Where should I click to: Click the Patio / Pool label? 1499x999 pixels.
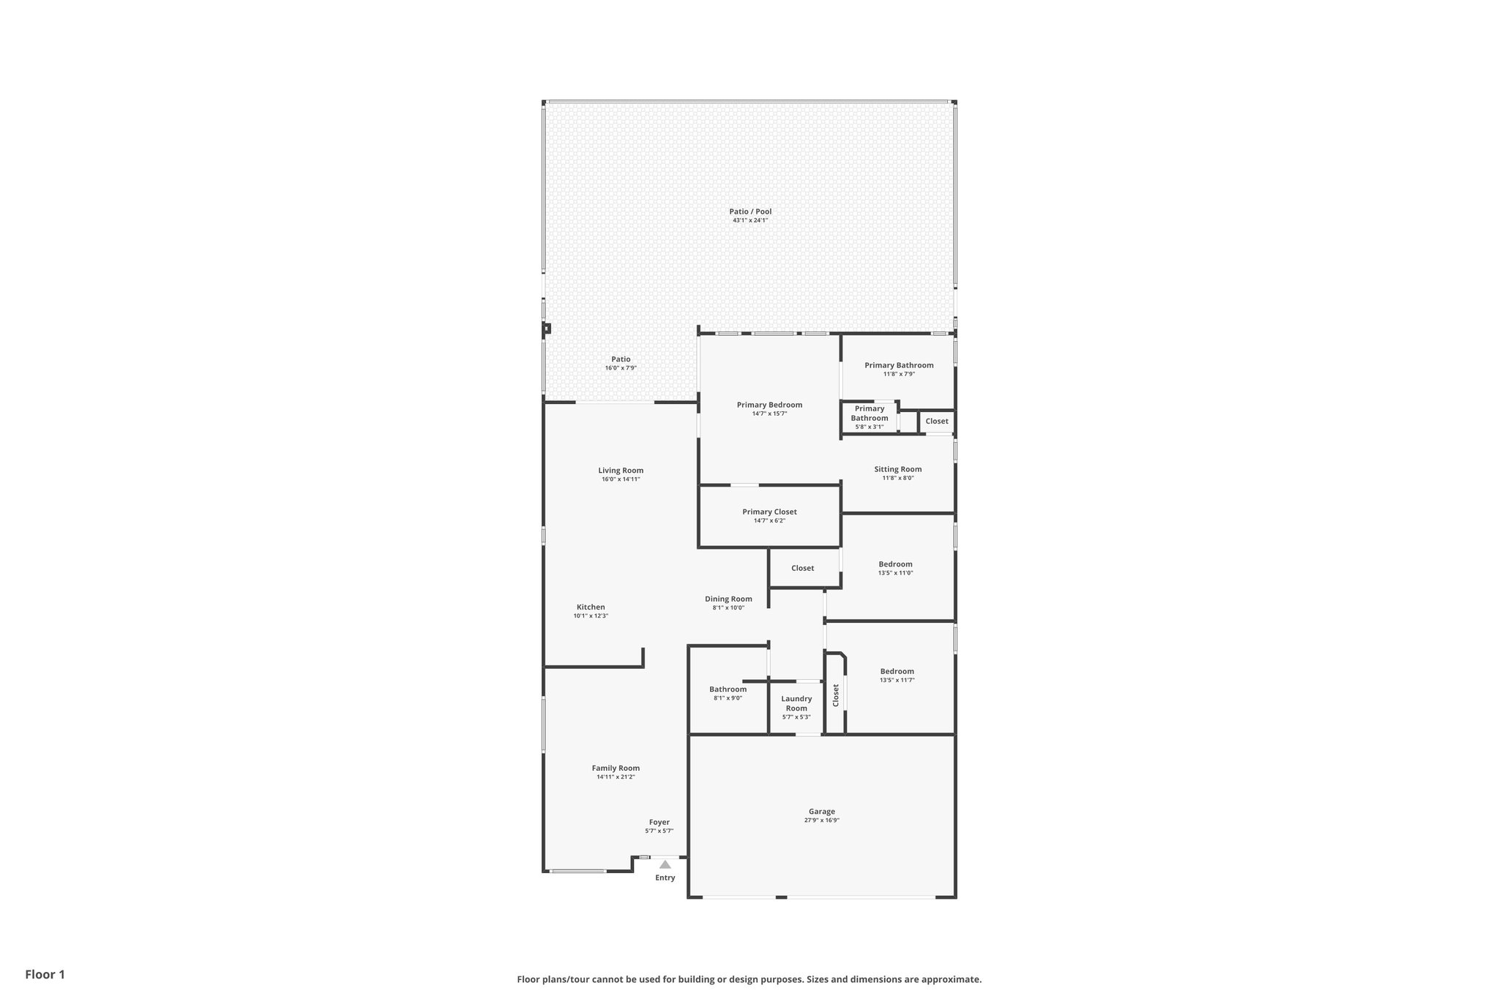coord(750,212)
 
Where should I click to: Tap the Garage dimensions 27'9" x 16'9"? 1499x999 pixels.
coord(821,820)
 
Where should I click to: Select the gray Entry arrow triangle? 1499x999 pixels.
coord(665,864)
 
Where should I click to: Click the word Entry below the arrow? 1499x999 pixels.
coord(665,878)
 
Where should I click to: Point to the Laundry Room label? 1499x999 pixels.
coord(796,703)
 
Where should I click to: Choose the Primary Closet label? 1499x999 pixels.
coord(769,512)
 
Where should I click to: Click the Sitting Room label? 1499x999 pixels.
coord(897,469)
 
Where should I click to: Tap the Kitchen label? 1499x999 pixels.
coord(591,607)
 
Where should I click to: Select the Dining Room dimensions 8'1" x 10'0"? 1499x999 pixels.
coord(728,607)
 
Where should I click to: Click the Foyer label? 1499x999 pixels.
coord(659,822)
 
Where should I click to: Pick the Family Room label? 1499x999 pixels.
coord(616,768)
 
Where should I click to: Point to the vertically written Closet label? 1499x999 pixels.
coord(835,695)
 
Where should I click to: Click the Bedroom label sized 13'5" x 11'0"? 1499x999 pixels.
coord(895,564)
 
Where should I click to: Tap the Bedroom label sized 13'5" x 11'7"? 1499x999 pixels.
coord(897,671)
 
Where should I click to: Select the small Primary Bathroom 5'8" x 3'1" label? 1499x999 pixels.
coord(870,414)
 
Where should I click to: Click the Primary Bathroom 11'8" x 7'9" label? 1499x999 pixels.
coord(899,365)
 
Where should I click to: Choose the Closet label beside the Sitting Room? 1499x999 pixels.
coord(936,421)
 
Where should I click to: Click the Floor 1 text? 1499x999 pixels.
coord(45,974)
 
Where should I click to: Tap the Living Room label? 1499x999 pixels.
coord(621,471)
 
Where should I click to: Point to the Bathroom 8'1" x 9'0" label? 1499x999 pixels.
coord(728,689)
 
